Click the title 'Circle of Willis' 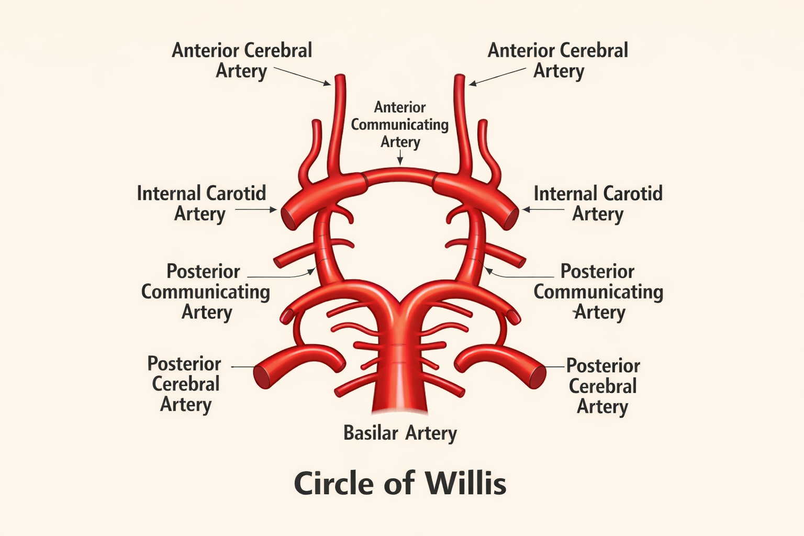(400, 483)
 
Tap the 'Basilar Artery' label (400, 433)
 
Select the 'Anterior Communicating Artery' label (400, 125)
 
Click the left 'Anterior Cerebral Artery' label (242, 60)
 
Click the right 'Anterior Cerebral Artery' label (558, 60)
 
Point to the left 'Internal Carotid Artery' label (201, 203)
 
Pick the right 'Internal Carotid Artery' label (598, 203)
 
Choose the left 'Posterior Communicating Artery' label (205, 292)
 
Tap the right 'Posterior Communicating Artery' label (598, 292)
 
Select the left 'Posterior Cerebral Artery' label (184, 384)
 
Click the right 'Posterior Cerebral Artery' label (603, 386)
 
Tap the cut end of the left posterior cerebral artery (262, 376)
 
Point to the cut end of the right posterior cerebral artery (538, 376)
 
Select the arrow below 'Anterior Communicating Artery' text (400, 157)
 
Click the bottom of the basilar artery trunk (400, 408)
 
